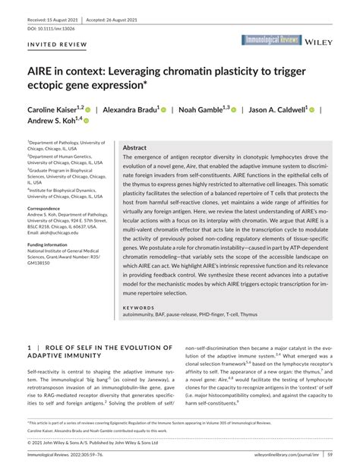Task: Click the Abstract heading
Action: pos(134,148)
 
